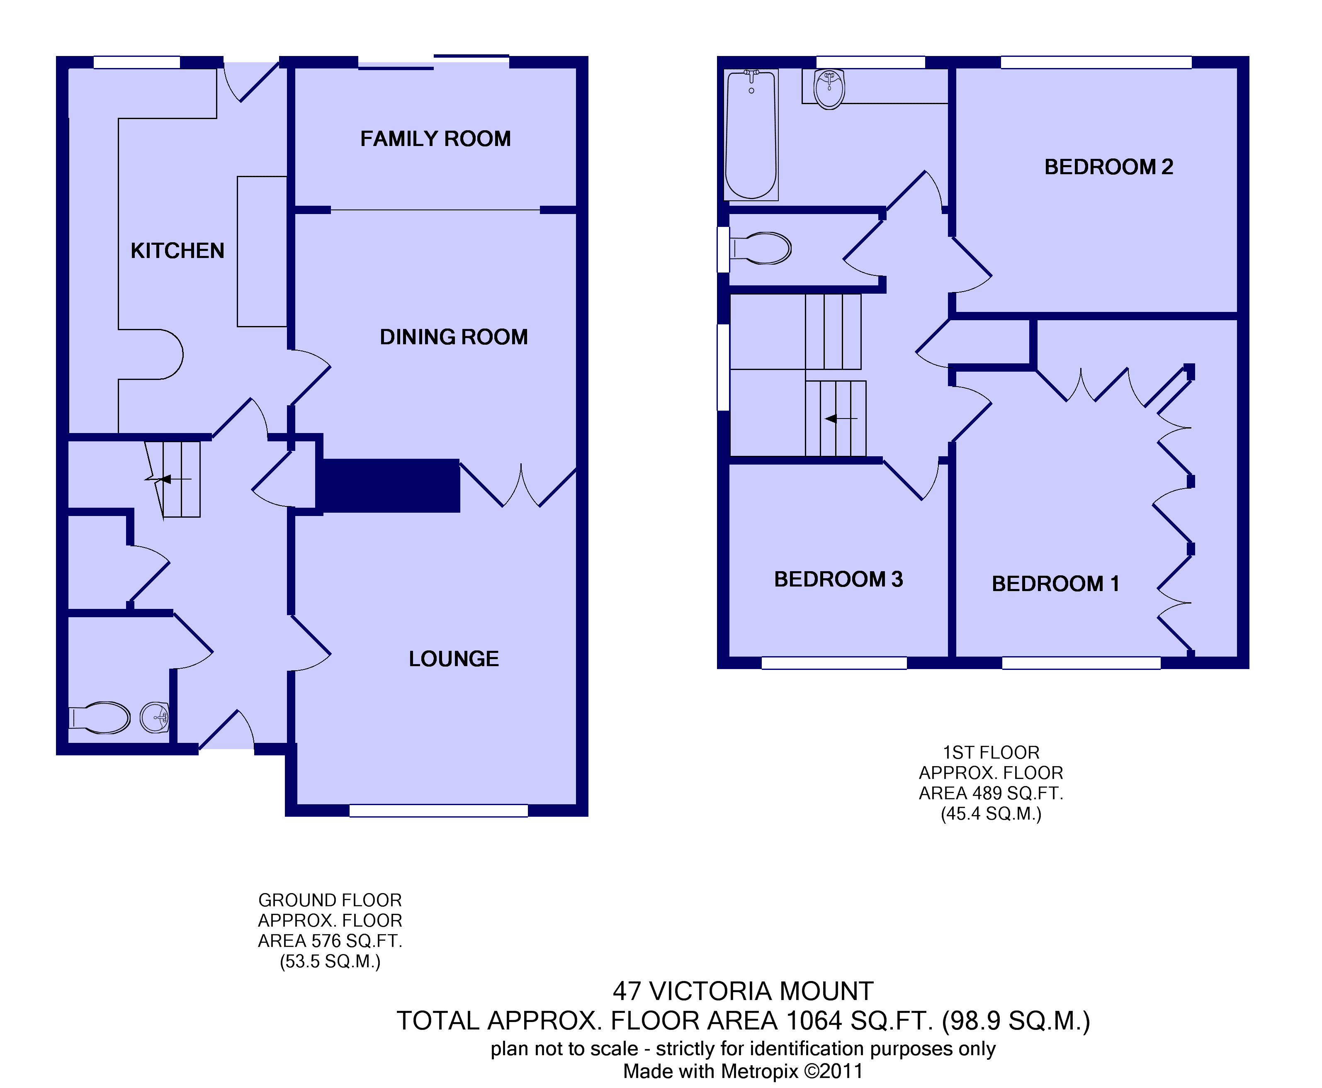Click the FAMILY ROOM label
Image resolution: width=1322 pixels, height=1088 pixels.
pyautogui.click(x=435, y=139)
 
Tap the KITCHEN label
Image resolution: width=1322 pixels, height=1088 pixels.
pyautogui.click(x=177, y=251)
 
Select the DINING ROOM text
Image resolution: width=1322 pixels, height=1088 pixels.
pyautogui.click(x=454, y=337)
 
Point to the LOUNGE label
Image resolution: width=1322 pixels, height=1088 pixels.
pyautogui.click(x=454, y=659)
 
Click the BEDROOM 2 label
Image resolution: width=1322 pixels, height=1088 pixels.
pyautogui.click(x=1108, y=167)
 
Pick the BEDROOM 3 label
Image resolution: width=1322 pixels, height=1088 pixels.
pyautogui.click(x=838, y=579)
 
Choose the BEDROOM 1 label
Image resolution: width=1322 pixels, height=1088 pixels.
pyautogui.click(x=1055, y=584)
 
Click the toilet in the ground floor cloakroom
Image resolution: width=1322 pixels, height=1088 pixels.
pyautogui.click(x=100, y=718)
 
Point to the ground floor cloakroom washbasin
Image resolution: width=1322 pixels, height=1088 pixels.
pyautogui.click(x=155, y=718)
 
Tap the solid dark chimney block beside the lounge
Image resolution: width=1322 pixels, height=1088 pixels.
pyautogui.click(x=389, y=486)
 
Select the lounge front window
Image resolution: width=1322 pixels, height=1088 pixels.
pyautogui.click(x=439, y=811)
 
